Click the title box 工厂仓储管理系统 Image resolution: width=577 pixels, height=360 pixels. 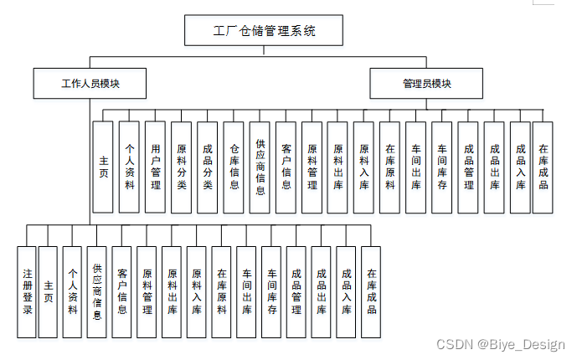(264, 31)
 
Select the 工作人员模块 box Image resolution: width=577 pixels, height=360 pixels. (90, 84)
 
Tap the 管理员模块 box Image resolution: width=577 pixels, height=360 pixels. (426, 84)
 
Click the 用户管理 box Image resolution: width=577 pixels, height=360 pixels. (154, 167)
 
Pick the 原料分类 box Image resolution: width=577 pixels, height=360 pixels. (181, 167)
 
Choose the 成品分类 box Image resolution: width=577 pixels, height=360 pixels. (207, 167)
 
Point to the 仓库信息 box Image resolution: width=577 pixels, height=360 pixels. (234, 167)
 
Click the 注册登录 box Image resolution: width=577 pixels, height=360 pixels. (27, 291)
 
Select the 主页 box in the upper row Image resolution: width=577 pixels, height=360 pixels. (102, 167)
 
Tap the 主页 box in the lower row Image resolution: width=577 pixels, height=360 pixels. (49, 291)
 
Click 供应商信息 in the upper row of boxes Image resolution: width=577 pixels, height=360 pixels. (260, 167)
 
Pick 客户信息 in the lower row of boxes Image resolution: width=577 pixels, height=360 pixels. (122, 291)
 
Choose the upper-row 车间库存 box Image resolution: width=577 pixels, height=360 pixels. (442, 167)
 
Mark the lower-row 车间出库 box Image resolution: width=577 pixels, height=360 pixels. (247, 291)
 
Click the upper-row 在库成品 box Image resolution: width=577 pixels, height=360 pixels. (544, 167)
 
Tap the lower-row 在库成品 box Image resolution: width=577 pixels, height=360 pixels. (371, 291)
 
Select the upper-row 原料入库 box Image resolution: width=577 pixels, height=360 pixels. (363, 167)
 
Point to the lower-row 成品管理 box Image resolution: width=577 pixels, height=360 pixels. (296, 291)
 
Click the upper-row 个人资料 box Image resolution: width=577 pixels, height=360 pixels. (128, 167)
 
